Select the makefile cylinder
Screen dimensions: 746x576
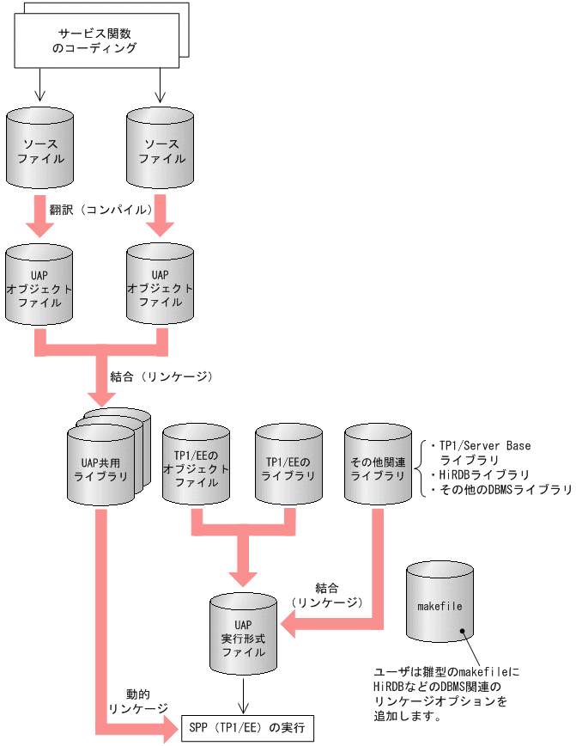pyautogui.click(x=440, y=607)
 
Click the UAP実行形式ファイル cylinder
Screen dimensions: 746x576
pyautogui.click(x=245, y=637)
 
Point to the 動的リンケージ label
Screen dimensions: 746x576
pyautogui.click(x=137, y=700)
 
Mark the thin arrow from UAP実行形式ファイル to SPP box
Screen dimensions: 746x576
pyautogui.click(x=247, y=697)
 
